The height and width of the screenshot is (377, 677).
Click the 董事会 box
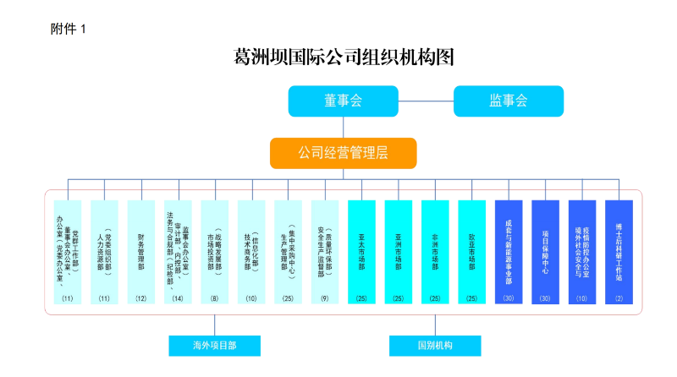tap(343, 101)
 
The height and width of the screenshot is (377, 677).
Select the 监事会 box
tap(508, 101)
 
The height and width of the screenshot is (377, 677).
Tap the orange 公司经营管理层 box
tap(343, 153)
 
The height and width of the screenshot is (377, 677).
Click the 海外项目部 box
tap(214, 346)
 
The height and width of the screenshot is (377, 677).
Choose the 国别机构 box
tap(435, 346)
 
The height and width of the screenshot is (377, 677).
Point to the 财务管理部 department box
tap(140, 249)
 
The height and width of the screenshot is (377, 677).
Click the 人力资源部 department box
tap(104, 249)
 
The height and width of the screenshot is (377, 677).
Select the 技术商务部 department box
tap(251, 249)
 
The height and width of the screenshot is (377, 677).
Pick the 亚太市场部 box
tap(361, 249)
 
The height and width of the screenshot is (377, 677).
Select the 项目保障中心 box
tap(545, 249)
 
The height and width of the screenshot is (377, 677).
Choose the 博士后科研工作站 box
tap(619, 249)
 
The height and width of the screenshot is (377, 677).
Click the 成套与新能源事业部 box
tap(509, 249)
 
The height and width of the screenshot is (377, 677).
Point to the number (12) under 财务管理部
tap(140, 298)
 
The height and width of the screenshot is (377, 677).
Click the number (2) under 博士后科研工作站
tap(619, 298)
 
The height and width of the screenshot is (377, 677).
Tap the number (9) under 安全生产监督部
tap(325, 298)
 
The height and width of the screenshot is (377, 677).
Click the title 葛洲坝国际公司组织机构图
tap(344, 58)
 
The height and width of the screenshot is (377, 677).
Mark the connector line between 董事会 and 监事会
tap(426, 101)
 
